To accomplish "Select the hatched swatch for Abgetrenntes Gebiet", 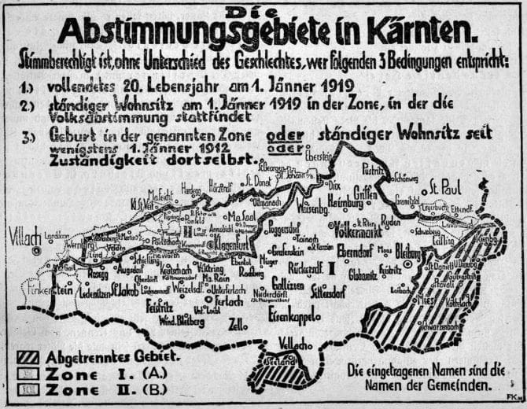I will [x=28, y=356].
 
